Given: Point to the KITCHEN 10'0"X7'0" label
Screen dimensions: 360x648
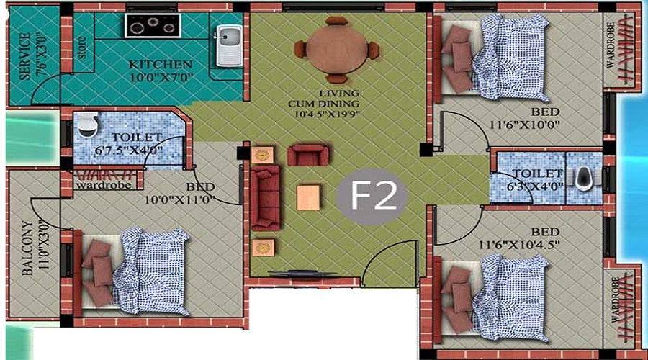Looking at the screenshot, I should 160,71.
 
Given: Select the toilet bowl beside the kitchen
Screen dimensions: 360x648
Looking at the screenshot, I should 87,125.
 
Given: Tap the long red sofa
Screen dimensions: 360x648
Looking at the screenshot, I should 264,197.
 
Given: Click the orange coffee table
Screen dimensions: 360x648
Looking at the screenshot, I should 309,197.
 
